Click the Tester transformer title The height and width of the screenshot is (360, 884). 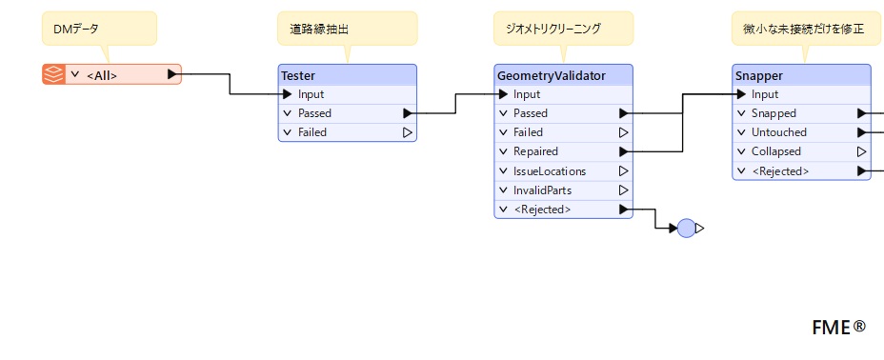[298, 75]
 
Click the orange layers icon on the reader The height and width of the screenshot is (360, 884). [53, 74]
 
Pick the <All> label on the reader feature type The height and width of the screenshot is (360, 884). [102, 75]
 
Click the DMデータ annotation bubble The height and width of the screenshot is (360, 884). [99, 29]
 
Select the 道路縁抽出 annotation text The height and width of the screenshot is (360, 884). [319, 30]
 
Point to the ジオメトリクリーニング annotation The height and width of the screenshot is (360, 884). [563, 29]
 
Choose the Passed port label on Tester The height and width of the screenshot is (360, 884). [314, 113]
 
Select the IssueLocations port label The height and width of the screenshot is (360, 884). [550, 170]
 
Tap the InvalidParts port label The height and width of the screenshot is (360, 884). [542, 190]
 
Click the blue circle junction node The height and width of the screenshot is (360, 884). [686, 229]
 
